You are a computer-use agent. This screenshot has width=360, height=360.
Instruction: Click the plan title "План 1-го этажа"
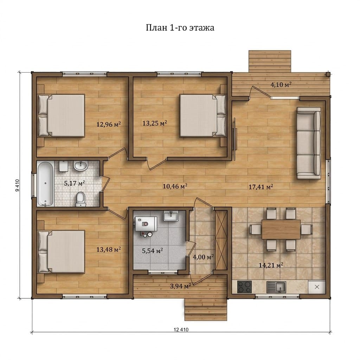click(180, 27)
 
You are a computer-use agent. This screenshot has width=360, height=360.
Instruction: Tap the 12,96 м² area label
click(109, 124)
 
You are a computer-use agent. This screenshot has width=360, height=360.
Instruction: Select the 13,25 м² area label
click(155, 123)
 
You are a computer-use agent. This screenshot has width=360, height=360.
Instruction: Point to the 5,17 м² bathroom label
click(75, 183)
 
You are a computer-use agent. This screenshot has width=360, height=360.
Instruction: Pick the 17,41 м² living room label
click(261, 187)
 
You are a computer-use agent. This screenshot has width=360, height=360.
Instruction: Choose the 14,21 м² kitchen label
click(271, 265)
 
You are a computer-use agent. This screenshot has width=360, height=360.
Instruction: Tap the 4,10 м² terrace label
click(281, 84)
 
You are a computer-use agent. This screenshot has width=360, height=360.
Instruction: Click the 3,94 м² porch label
click(181, 286)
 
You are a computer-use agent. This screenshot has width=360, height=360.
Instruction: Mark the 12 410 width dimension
click(181, 329)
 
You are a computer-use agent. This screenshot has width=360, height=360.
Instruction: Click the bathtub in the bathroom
click(45, 184)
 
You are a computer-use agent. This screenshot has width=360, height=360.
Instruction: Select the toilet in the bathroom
click(81, 199)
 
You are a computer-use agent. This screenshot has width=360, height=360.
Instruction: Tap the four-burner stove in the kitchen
click(244, 287)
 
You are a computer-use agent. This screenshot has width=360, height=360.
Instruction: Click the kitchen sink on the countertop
click(276, 287)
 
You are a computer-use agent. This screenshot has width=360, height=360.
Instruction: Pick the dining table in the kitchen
click(281, 229)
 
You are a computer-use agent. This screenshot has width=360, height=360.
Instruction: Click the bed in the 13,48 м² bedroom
click(61, 252)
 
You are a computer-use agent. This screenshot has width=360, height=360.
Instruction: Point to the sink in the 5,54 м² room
click(171, 216)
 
